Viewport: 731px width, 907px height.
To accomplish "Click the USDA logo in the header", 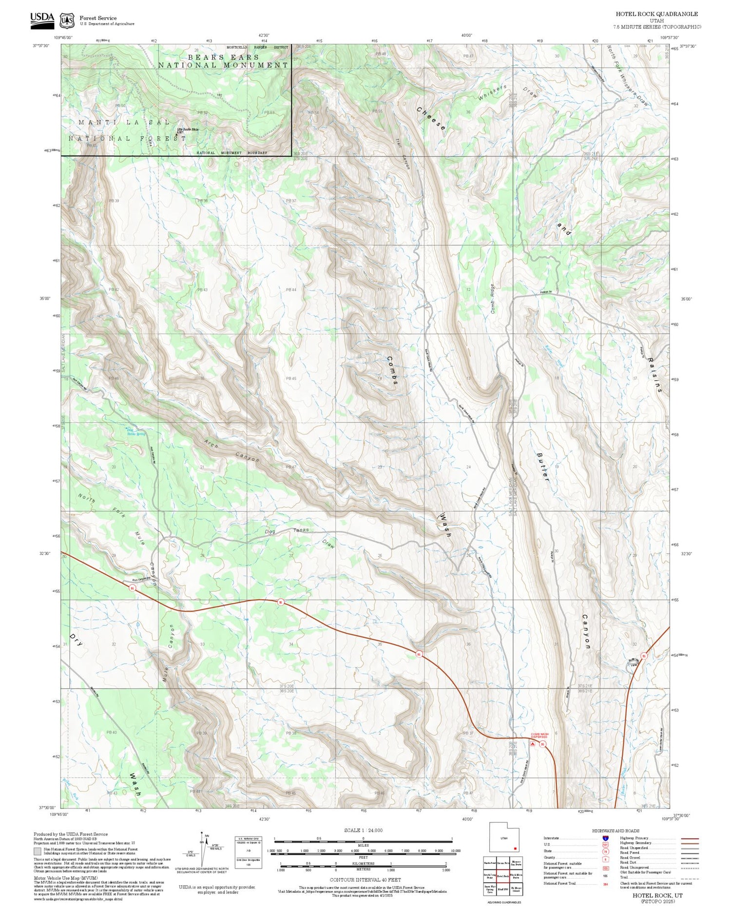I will [x=42, y=18].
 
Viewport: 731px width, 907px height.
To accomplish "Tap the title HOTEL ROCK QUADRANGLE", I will [x=656, y=14].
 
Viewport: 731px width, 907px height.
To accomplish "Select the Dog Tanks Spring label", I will [x=135, y=432].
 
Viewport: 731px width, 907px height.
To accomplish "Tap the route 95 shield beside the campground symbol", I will [x=542, y=744].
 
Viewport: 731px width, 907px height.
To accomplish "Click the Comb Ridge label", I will [x=493, y=298].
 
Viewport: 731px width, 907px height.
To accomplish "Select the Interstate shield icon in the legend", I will [x=605, y=838].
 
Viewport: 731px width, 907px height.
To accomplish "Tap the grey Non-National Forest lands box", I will [x=38, y=851].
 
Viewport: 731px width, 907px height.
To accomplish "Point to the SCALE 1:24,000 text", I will [x=363, y=830].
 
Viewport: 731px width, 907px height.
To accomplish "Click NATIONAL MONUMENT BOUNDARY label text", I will [x=231, y=153].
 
